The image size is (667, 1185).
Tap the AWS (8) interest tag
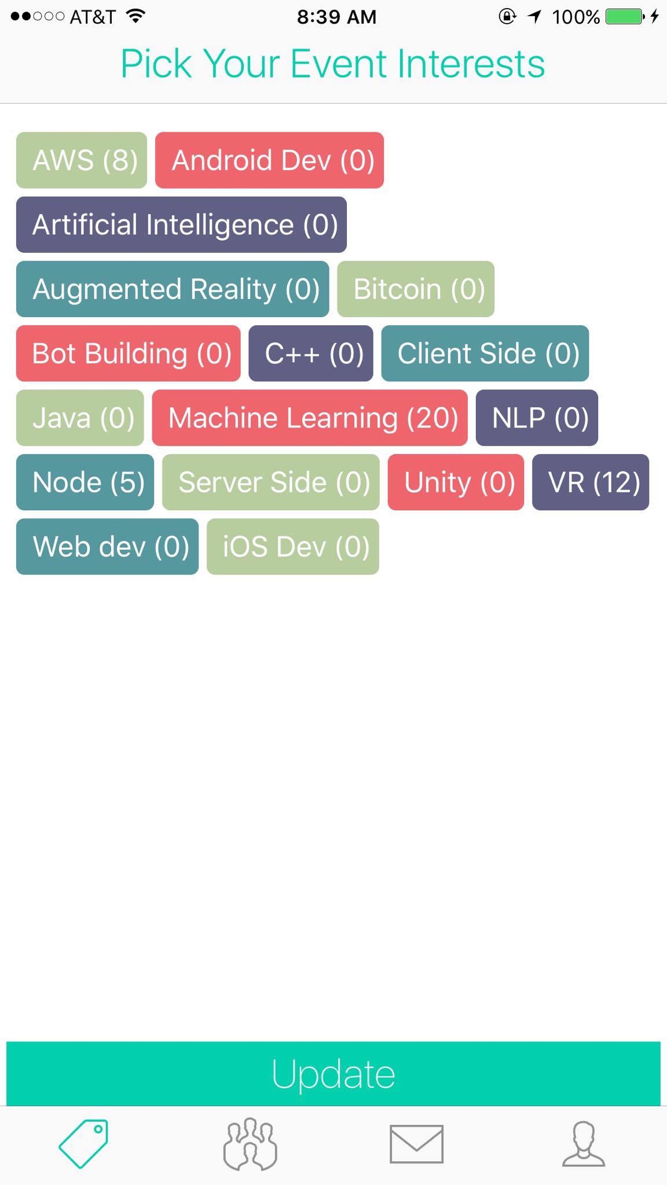82,160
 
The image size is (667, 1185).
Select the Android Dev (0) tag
269,160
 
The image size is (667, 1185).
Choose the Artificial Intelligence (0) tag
181,225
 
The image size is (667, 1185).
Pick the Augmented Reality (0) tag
173,289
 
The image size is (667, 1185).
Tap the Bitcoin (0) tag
416,289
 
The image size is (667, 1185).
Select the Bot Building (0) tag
128,353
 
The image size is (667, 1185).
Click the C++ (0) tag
311,353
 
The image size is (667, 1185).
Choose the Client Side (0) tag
485,353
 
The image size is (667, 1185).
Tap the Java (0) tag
80,418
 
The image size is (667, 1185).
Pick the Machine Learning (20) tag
310,418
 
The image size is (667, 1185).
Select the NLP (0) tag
537,418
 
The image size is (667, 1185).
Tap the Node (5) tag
85,482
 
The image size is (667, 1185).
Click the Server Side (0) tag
271,482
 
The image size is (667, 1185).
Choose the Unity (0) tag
456,482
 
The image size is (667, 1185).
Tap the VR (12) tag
591,482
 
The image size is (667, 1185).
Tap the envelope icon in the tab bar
417,1144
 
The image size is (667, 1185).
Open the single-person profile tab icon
584,1144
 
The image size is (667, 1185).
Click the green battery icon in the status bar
624,16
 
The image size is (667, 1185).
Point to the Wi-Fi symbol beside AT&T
135,16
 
